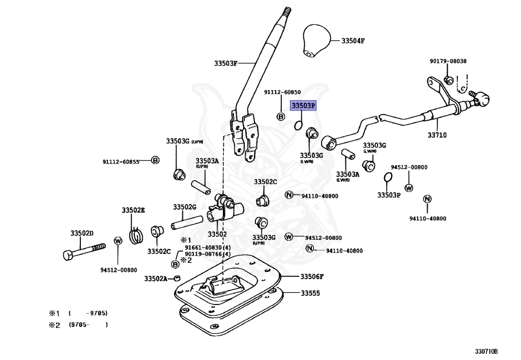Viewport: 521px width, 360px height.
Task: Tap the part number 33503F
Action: coord(226,64)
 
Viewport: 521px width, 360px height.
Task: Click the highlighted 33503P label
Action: coord(303,106)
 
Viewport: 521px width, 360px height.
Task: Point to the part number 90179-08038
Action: coord(448,61)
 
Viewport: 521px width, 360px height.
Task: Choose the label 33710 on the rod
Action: coord(437,135)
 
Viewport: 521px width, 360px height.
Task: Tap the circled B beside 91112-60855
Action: coord(156,161)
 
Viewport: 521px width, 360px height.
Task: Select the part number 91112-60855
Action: coord(121,161)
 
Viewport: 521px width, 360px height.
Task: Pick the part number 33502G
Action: coord(184,207)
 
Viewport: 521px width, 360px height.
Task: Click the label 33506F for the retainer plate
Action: coord(311,276)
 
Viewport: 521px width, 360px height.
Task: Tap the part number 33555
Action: coord(310,293)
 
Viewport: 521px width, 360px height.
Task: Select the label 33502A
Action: coord(156,279)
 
